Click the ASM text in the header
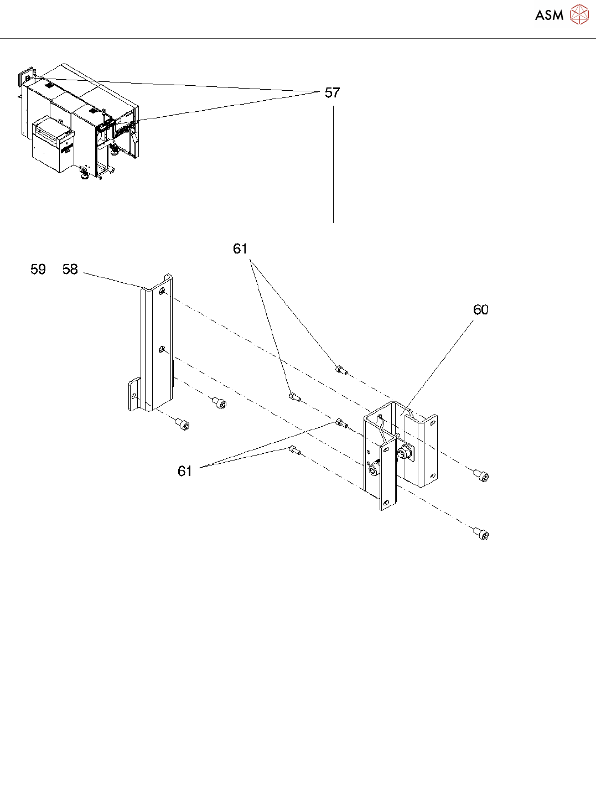tap(549, 15)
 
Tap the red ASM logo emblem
tap(579, 14)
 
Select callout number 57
tap(332, 93)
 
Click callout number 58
tap(70, 270)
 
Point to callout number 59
tap(38, 270)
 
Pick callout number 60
tap(480, 310)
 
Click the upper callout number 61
tap(240, 249)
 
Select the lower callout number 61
tap(185, 471)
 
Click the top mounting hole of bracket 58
tap(162, 291)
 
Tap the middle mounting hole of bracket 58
tap(161, 349)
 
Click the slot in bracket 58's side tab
tap(133, 395)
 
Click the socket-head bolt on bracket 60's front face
tap(374, 471)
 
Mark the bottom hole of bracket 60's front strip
tap(386, 503)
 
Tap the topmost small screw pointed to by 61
tap(341, 369)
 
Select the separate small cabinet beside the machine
tap(53, 146)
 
